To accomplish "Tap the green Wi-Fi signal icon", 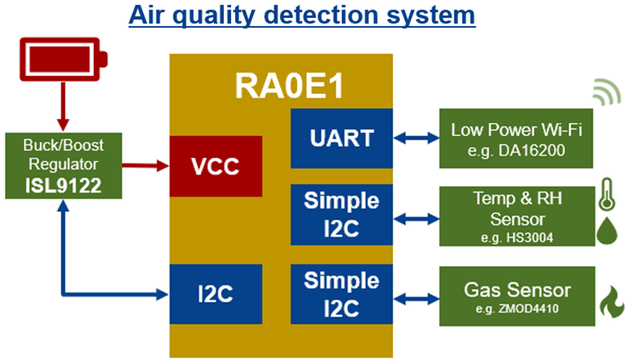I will pos(605,92).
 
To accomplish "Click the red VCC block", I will pos(215,166).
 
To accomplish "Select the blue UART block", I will pos(341,138).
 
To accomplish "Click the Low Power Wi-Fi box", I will pos(511,138).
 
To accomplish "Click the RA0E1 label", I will pos(281,86).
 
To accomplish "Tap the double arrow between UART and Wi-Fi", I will pos(415,138).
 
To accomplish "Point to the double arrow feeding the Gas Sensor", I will pos(415,296).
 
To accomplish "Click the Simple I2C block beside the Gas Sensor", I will pos(341,294).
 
